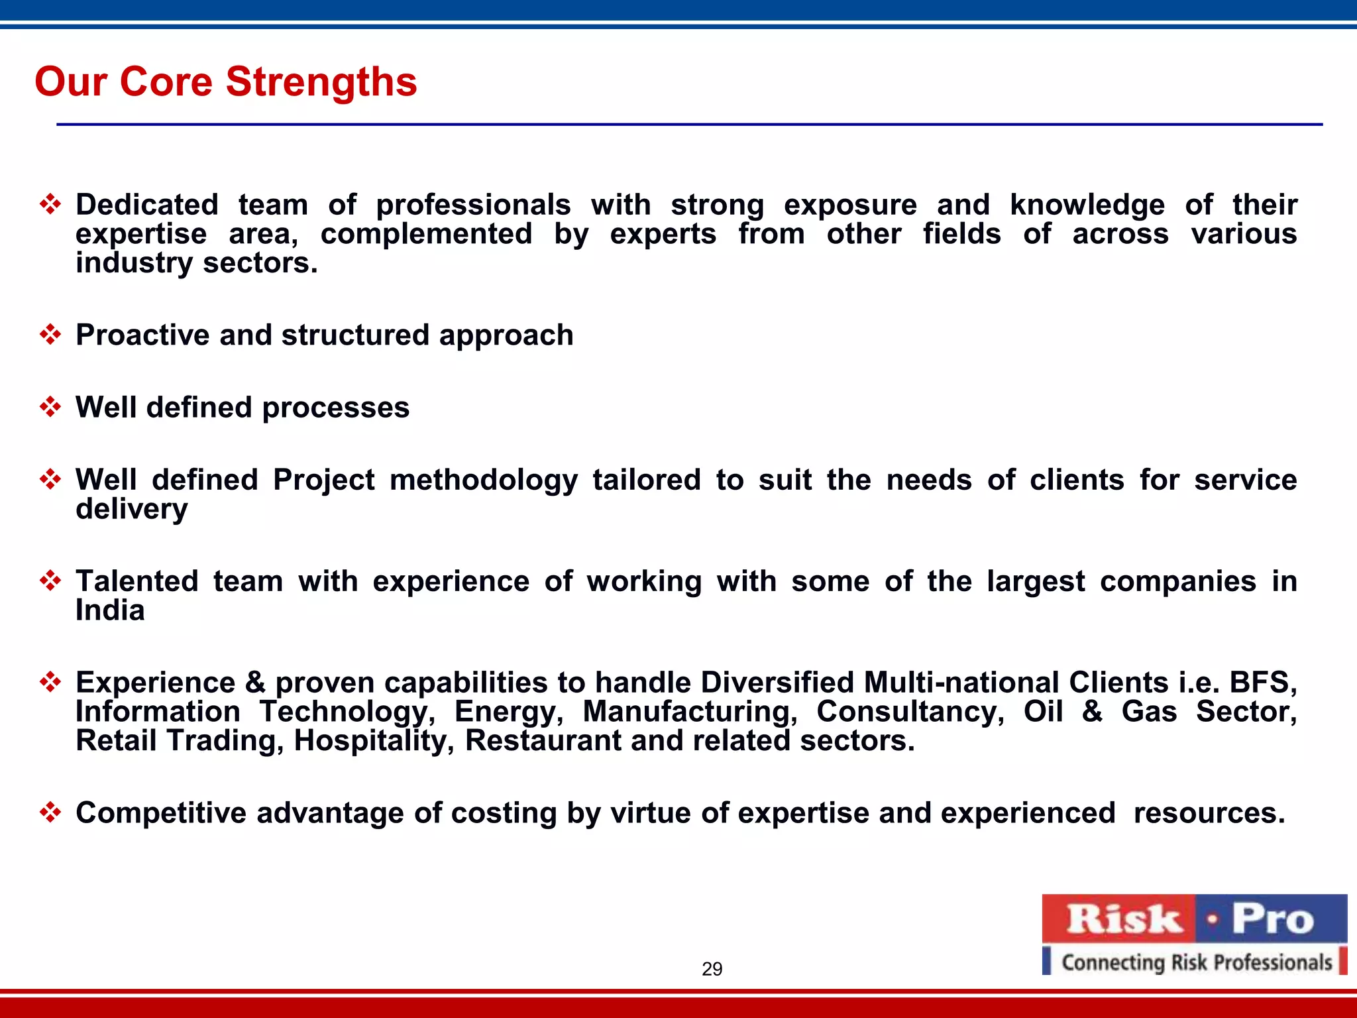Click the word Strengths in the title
coord(321,82)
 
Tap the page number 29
coord(712,969)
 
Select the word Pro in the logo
coord(1272,919)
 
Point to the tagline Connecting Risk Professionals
coord(1196,962)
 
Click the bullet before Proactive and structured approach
coord(50,334)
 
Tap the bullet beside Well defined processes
coord(50,406)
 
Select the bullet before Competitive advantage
coord(50,812)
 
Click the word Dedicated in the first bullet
coord(147,204)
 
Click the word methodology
coord(483,481)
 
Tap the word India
coord(110,610)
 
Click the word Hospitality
coord(374,741)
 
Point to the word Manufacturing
coord(690,712)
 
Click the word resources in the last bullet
coord(1209,813)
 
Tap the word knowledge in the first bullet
coord(1087,205)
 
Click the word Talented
coord(136,581)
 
